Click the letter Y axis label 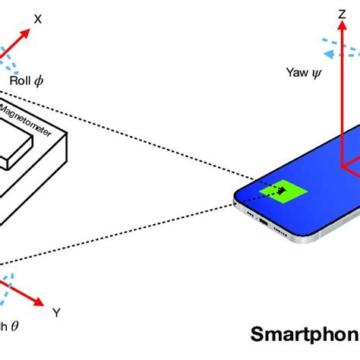click(56, 311)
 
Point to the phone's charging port click(264, 222)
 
